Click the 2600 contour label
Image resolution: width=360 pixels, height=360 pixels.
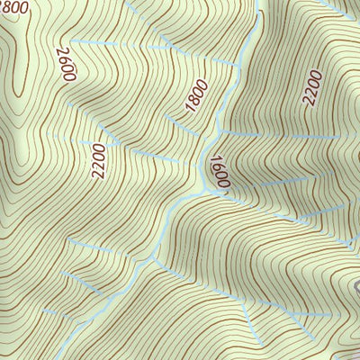pos(64,64)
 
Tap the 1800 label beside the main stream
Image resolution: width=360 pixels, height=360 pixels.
pos(197,95)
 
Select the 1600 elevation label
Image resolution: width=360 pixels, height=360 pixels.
pos(219,171)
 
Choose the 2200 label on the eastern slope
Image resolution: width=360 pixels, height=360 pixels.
pos(312,88)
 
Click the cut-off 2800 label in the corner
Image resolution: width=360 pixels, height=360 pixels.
pos(14,7)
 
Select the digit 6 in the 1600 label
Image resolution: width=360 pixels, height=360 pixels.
pos(217,166)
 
